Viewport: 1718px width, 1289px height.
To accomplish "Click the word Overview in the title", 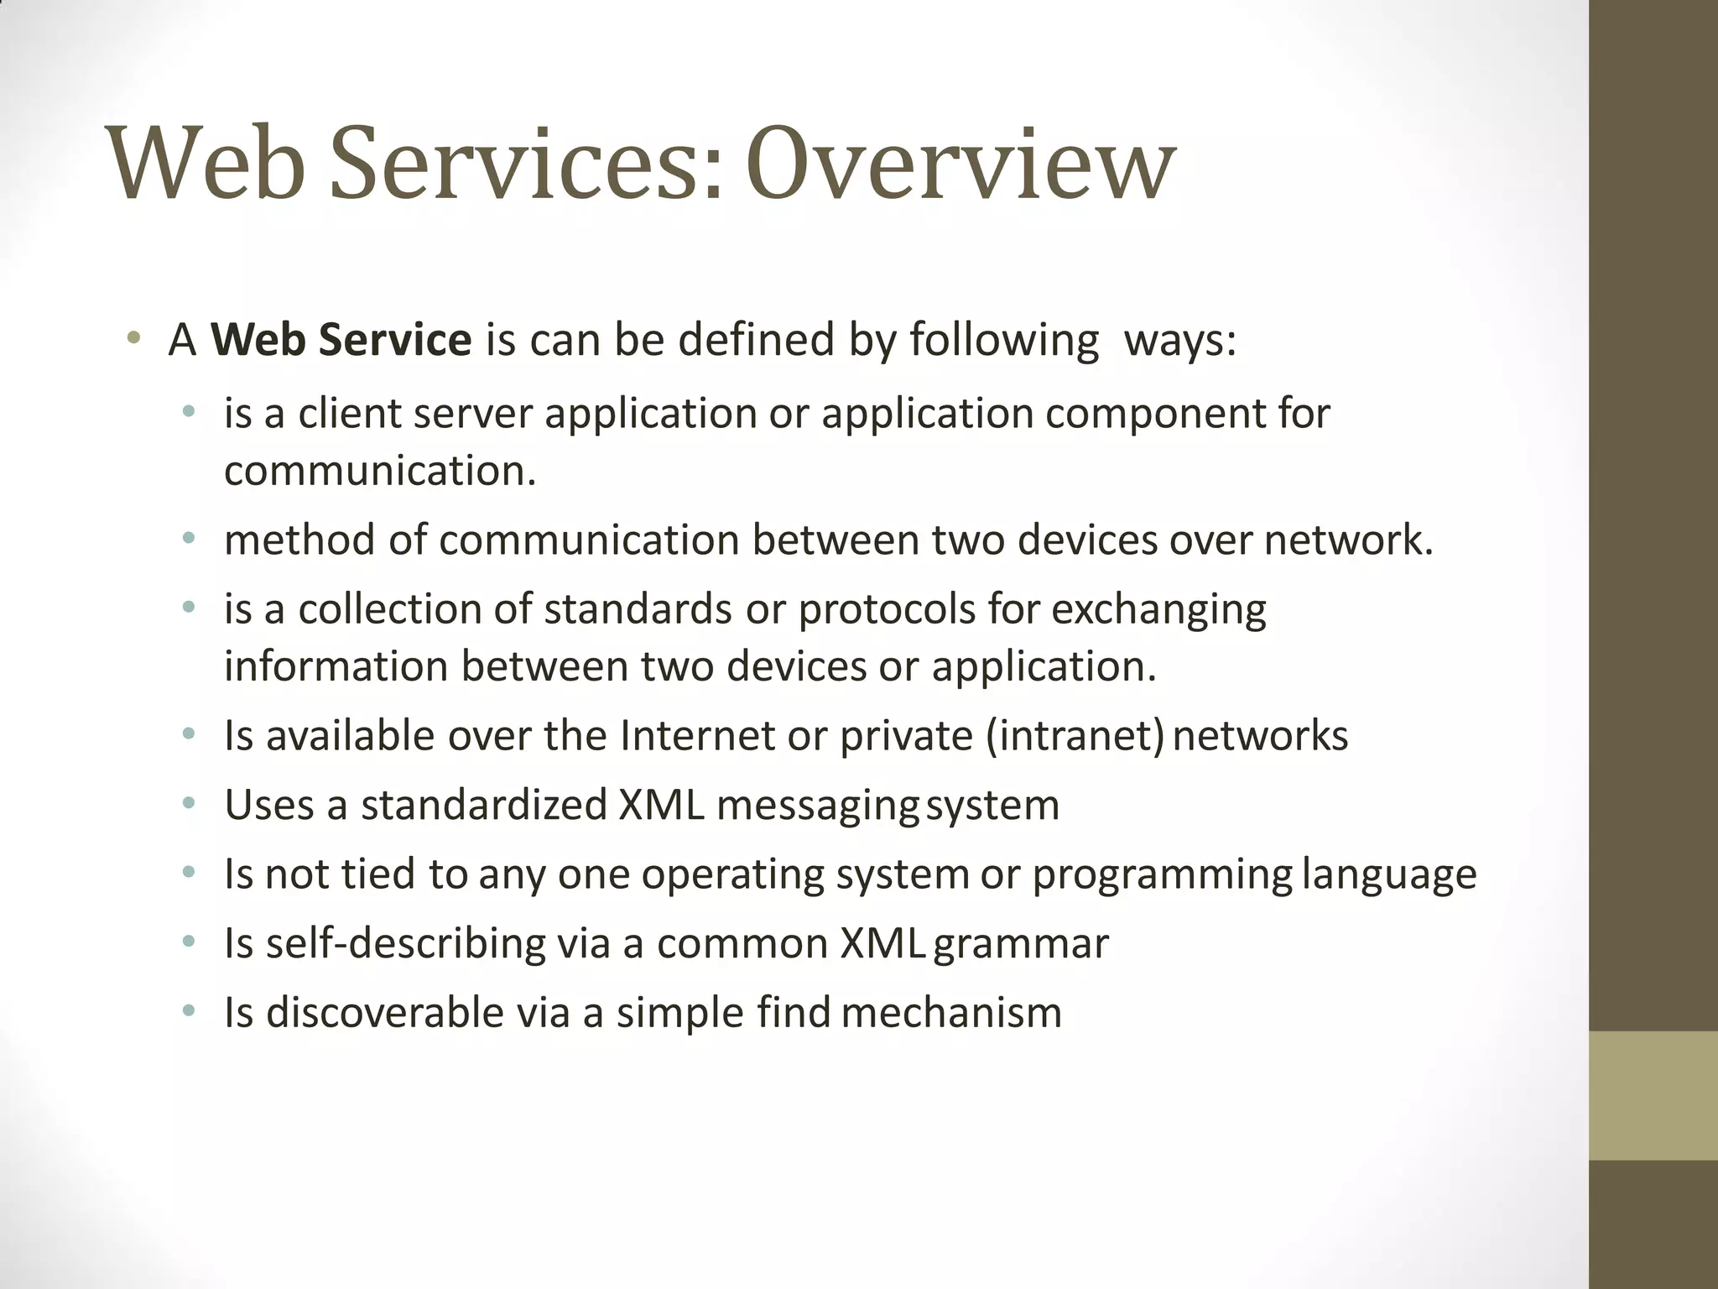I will [x=961, y=164].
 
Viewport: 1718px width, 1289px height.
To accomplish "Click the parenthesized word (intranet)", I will [x=1075, y=737].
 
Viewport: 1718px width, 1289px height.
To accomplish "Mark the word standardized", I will [x=484, y=805].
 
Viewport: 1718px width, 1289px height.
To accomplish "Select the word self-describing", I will [x=406, y=944].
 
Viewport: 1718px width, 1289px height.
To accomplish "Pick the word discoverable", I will [x=385, y=1013].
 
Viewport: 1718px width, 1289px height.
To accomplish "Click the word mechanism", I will [x=951, y=1013].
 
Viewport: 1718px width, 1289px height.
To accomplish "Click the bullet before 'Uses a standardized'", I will [x=189, y=805].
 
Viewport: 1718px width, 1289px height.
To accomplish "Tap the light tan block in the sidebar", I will [x=1653, y=1095].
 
